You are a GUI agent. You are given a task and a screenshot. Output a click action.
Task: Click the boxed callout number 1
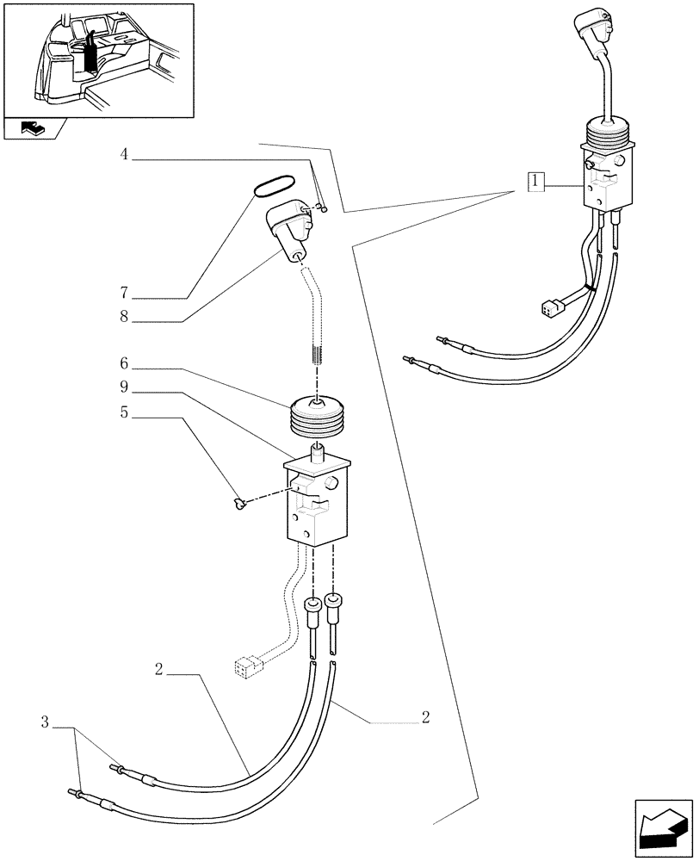click(535, 182)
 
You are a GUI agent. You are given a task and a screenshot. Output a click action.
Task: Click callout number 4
click(124, 155)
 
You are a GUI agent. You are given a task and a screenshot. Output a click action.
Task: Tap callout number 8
click(124, 318)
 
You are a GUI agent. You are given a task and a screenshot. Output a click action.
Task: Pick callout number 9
click(124, 388)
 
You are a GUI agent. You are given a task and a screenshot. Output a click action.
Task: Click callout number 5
click(124, 412)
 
